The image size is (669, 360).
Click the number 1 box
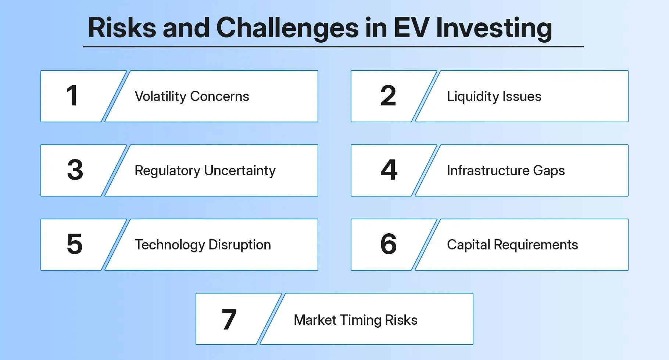(72, 96)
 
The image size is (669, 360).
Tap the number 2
(388, 96)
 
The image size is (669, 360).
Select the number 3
(75, 170)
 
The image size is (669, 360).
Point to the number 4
(389, 170)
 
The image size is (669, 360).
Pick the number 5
(75, 244)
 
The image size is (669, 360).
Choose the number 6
(389, 244)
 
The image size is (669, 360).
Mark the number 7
(229, 319)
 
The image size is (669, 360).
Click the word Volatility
(161, 97)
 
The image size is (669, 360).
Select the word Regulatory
(167, 171)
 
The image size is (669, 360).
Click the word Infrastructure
(488, 171)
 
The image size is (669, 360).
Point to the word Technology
(169, 245)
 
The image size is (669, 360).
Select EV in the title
(411, 28)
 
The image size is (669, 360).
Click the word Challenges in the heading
(287, 28)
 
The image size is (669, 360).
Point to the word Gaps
(549, 171)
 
